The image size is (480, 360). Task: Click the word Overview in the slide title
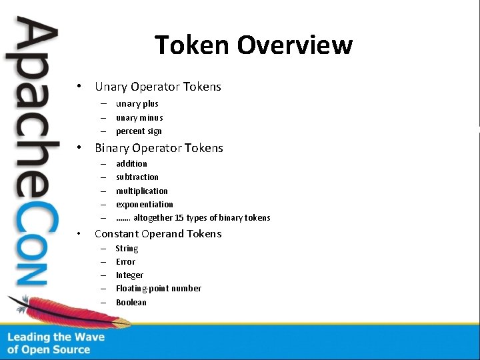pyautogui.click(x=294, y=45)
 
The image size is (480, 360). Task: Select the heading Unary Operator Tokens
pyautogui.click(x=158, y=87)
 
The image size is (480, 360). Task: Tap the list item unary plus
pyautogui.click(x=137, y=104)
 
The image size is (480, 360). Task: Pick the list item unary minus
pyautogui.click(x=139, y=118)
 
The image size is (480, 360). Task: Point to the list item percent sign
pyautogui.click(x=139, y=131)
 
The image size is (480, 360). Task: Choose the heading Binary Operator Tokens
pyautogui.click(x=159, y=148)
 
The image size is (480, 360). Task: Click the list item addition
pyautogui.click(x=131, y=163)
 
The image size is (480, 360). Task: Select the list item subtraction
pyautogui.click(x=137, y=177)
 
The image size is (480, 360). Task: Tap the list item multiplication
pyautogui.click(x=142, y=191)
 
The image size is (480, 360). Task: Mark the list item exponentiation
pyautogui.click(x=144, y=205)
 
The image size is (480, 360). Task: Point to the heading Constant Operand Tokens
pyautogui.click(x=158, y=234)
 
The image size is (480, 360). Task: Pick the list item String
pyautogui.click(x=127, y=249)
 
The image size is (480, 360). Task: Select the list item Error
pyautogui.click(x=125, y=262)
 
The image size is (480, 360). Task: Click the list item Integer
pyautogui.click(x=129, y=275)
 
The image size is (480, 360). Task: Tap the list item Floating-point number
pyautogui.click(x=159, y=289)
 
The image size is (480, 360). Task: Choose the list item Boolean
pyautogui.click(x=131, y=303)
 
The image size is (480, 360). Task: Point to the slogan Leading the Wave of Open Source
pyautogui.click(x=56, y=343)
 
